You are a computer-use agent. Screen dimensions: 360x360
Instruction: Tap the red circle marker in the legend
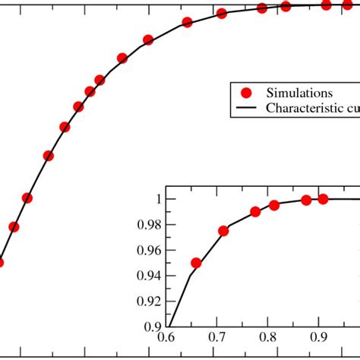[245, 93]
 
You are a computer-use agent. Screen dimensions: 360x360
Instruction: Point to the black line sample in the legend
[245, 109]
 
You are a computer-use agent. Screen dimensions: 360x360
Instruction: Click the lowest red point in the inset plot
[196, 264]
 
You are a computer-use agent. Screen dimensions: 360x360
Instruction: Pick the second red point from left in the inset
[223, 231]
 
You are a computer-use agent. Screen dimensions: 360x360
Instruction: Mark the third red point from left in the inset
[256, 212]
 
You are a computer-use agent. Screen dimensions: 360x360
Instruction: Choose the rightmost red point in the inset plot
[323, 199]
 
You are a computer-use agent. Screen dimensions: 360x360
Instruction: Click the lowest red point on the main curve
[0, 262]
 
